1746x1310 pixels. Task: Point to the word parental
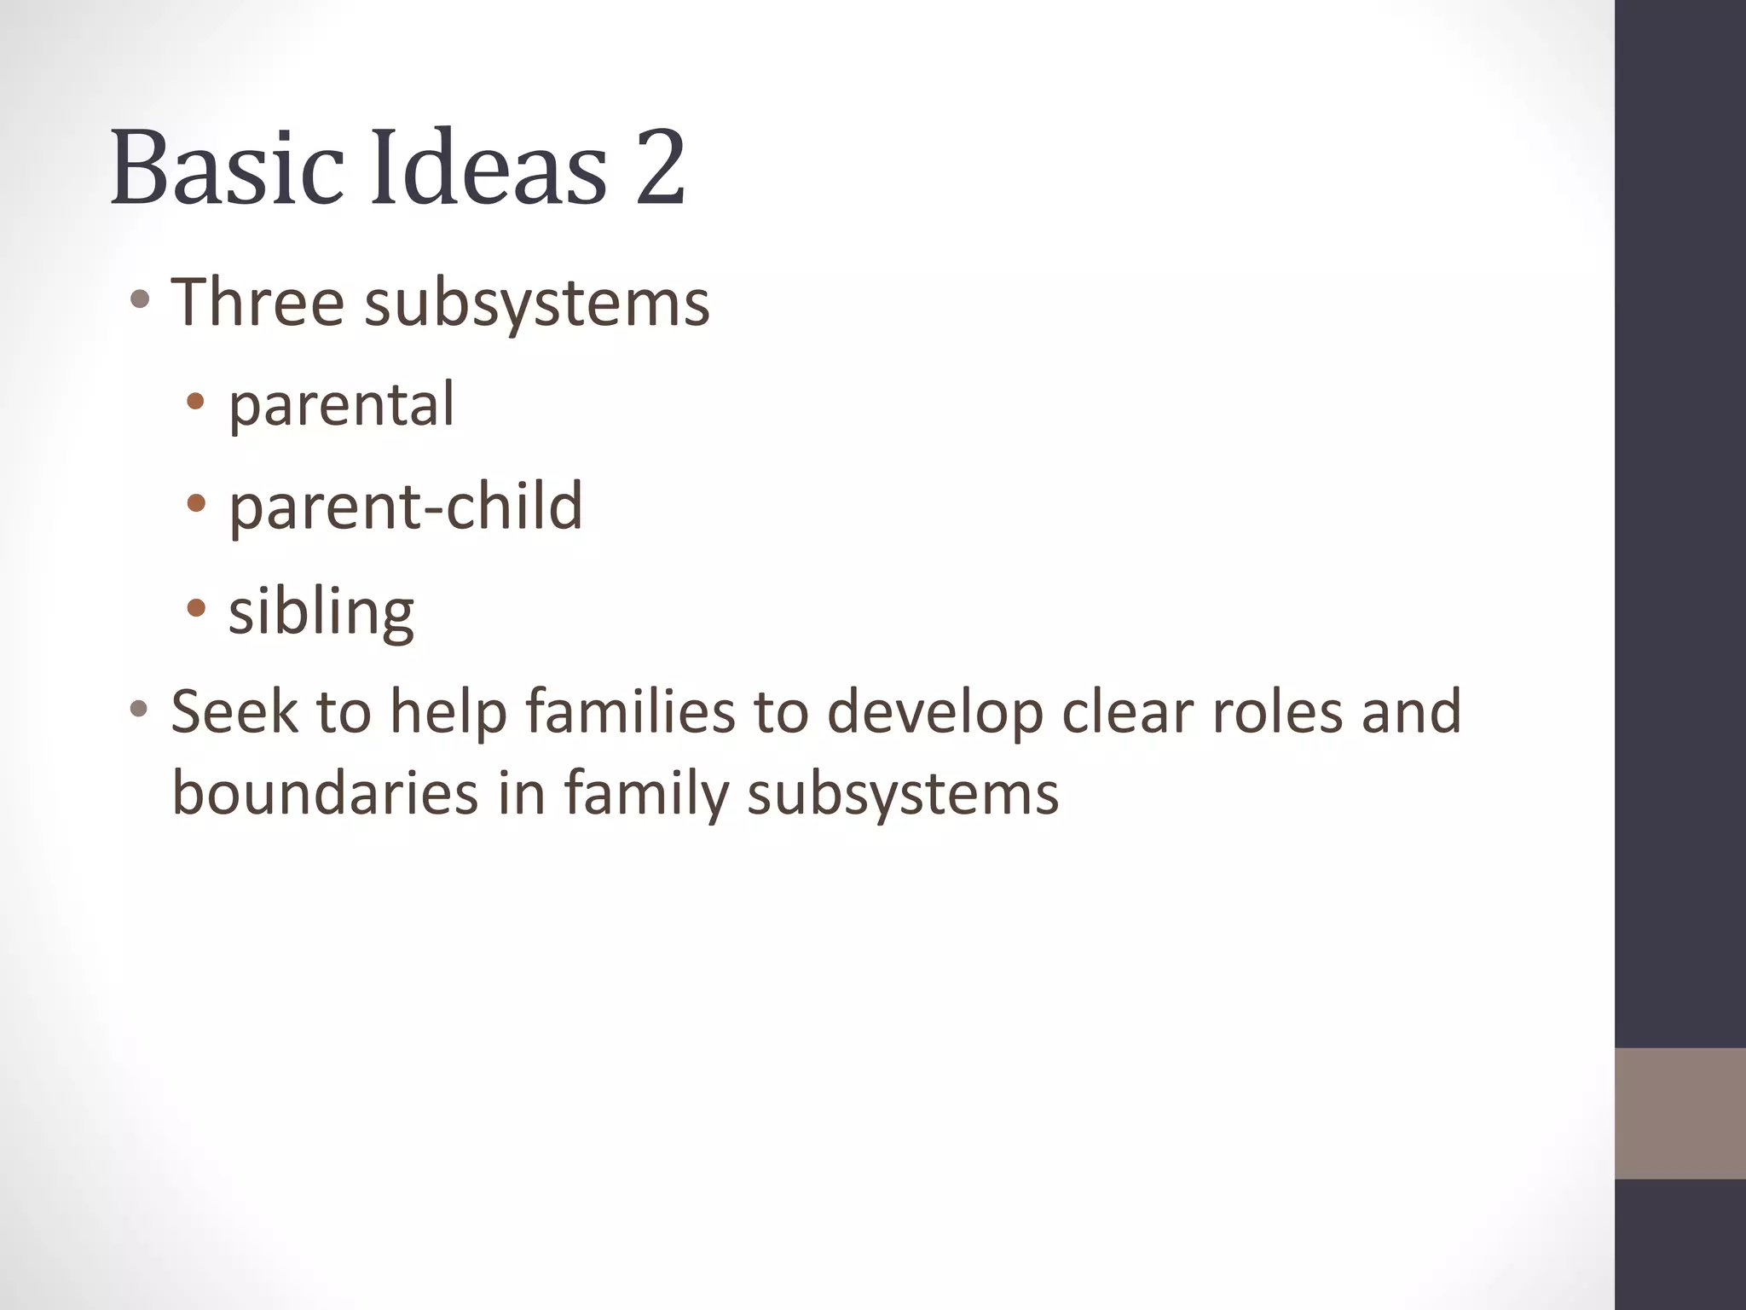tap(341, 405)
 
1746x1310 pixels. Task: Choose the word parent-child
tap(405, 507)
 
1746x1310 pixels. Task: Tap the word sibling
tap(321, 612)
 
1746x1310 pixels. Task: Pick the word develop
tap(935, 713)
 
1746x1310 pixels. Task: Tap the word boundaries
tap(325, 792)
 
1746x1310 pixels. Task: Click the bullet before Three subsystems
tap(141, 300)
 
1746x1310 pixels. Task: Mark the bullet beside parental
tap(196, 402)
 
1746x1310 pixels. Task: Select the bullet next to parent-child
tap(196, 504)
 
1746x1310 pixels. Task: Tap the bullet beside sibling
tap(196, 608)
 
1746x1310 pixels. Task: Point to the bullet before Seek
tap(141, 709)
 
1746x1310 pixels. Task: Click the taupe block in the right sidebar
tap(1680, 1113)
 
